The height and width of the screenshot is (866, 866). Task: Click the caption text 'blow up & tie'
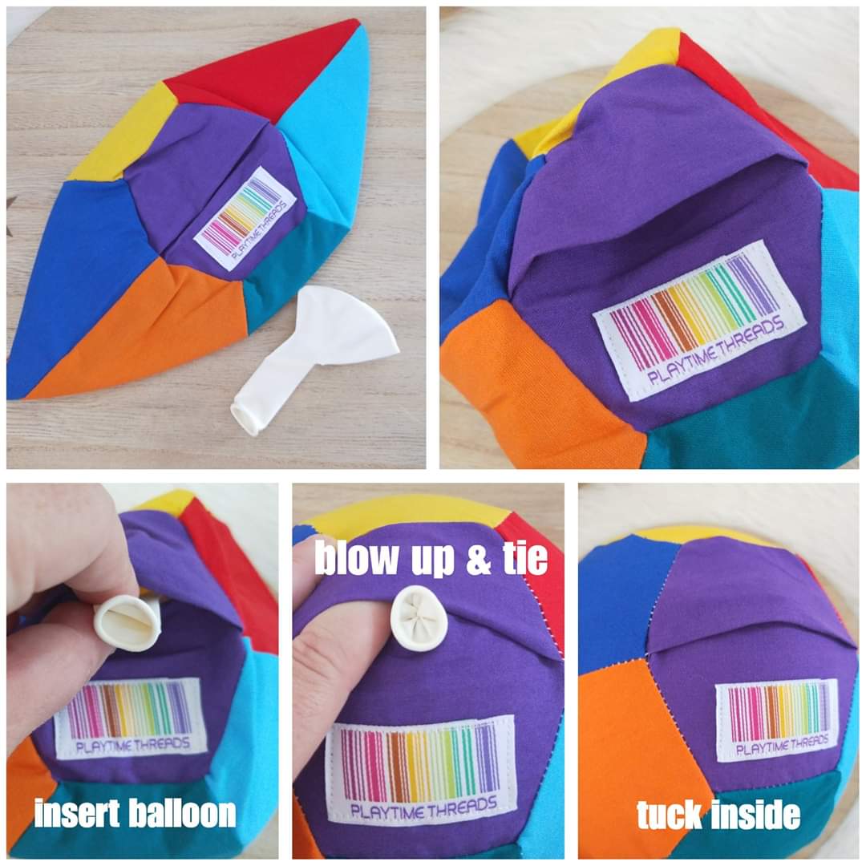click(x=431, y=558)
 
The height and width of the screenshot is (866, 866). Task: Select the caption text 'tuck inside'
click(x=718, y=814)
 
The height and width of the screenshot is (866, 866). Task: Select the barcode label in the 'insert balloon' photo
click(x=131, y=717)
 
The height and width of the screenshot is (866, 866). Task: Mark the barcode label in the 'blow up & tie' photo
click(x=420, y=768)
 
